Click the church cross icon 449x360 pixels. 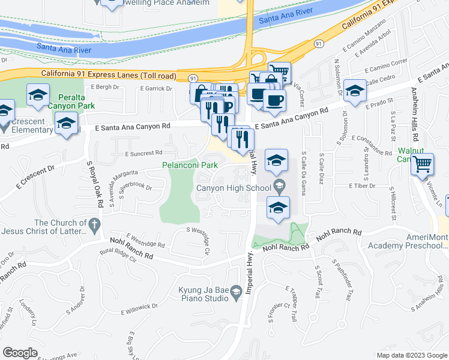point(93,224)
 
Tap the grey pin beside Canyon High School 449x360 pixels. point(278,187)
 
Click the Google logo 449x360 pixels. point(20,353)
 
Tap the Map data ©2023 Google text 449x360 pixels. point(411,355)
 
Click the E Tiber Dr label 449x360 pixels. point(361,186)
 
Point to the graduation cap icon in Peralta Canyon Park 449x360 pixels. point(38,95)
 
